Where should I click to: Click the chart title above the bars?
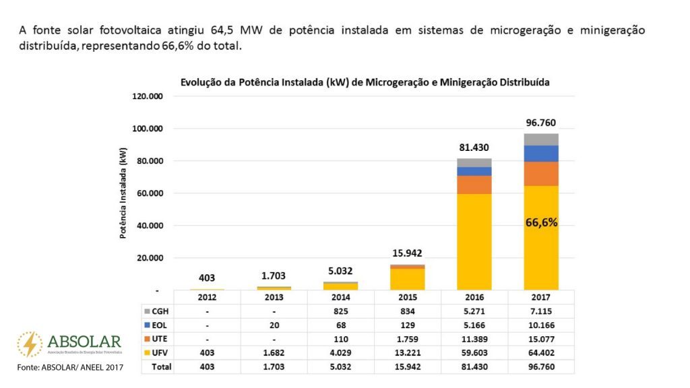point(365,82)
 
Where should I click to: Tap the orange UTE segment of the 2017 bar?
point(542,174)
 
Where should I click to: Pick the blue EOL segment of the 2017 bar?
point(542,154)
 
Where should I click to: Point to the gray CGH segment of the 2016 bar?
point(475,162)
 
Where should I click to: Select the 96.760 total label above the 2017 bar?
point(542,123)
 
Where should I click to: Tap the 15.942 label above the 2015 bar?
point(408,253)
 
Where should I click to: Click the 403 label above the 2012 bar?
point(207,278)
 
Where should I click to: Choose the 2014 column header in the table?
point(341,297)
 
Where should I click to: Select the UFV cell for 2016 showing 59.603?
point(475,353)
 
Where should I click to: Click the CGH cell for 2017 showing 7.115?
point(542,311)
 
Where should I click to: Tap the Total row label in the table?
point(162,367)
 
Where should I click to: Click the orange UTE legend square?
point(147,339)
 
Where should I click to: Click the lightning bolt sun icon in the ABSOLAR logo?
point(30,344)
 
